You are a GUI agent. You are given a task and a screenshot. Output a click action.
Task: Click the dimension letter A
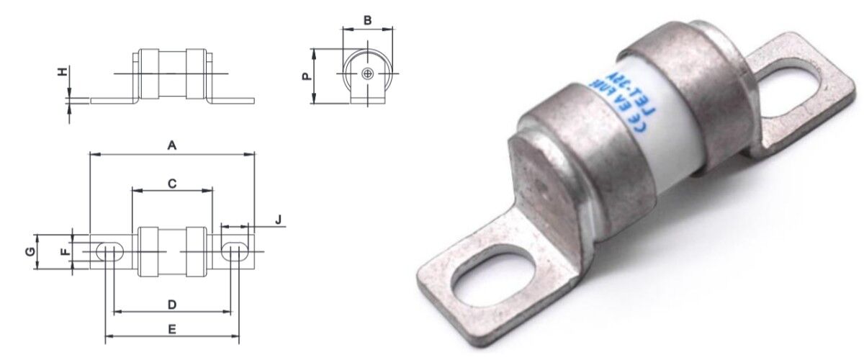[x=171, y=145]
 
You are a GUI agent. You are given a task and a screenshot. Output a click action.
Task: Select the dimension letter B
[x=367, y=20]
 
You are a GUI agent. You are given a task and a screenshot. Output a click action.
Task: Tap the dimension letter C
[x=172, y=184]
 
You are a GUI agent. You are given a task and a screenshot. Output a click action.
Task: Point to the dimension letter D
[x=172, y=305]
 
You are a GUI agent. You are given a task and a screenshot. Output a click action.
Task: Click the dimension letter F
[x=64, y=251]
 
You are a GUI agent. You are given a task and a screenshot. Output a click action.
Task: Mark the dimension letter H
[x=63, y=72]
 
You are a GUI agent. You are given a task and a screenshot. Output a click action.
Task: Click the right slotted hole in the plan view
[x=234, y=251]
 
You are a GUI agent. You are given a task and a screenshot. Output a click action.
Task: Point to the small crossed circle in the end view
[x=368, y=74]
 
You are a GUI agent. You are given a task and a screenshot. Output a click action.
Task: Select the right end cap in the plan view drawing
[x=197, y=251]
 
